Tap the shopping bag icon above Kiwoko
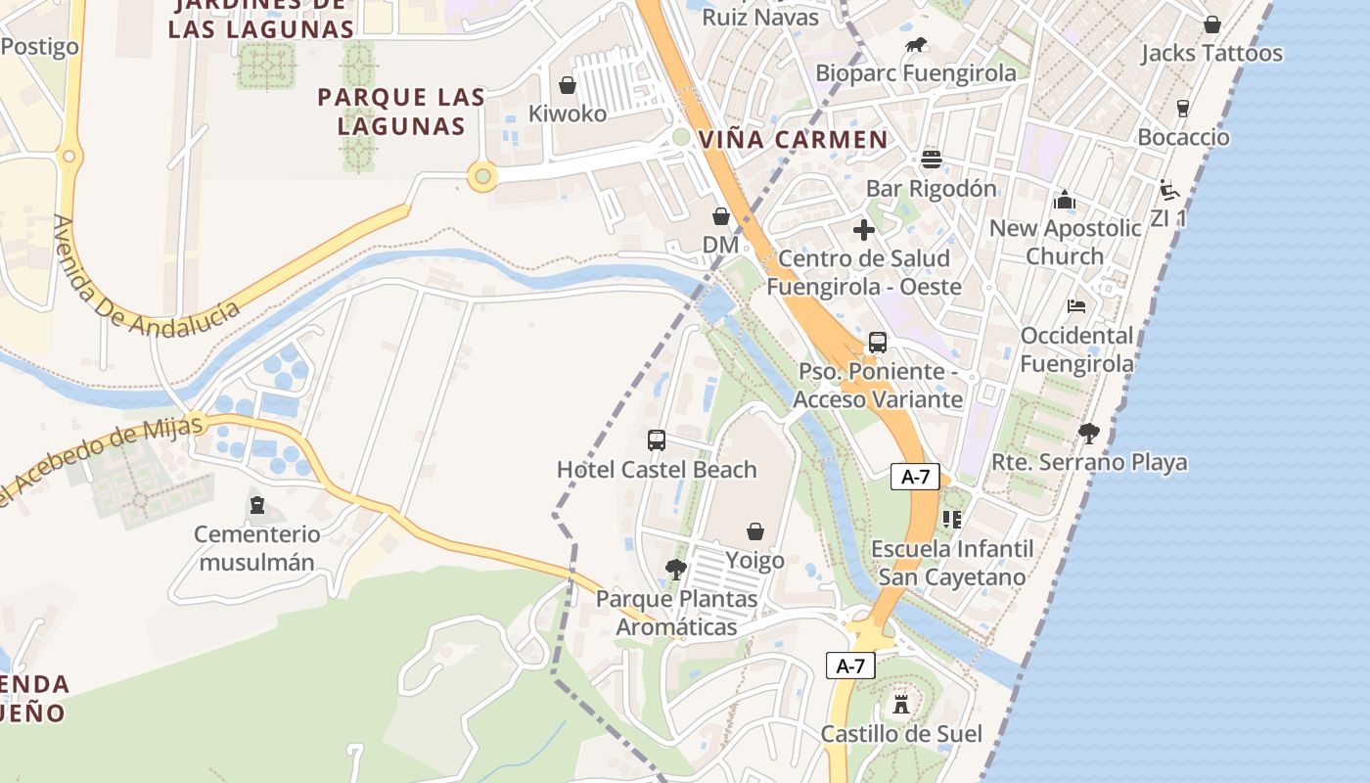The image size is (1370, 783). (x=567, y=85)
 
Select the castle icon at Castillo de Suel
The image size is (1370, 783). (x=900, y=704)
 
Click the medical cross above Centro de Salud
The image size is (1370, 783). (x=863, y=230)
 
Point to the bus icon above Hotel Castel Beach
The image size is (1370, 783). (x=657, y=440)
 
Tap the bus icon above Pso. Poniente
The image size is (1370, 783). (x=878, y=343)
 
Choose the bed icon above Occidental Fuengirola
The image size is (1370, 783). (x=1076, y=306)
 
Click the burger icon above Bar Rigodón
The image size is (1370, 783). (x=931, y=159)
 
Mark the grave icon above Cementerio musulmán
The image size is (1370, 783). (x=257, y=505)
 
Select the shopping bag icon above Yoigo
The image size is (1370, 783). (x=755, y=531)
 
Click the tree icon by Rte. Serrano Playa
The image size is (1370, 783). (x=1088, y=433)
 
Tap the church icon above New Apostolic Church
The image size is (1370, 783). (x=1065, y=200)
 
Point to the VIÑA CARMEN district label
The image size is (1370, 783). (x=794, y=140)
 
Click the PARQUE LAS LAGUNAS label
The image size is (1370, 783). (x=401, y=112)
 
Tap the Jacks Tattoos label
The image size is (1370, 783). (x=1211, y=53)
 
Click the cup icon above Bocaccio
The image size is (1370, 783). (x=1183, y=108)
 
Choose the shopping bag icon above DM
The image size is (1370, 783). (x=721, y=215)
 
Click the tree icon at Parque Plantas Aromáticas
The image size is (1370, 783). (x=675, y=569)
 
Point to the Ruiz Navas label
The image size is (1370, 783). (x=760, y=16)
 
